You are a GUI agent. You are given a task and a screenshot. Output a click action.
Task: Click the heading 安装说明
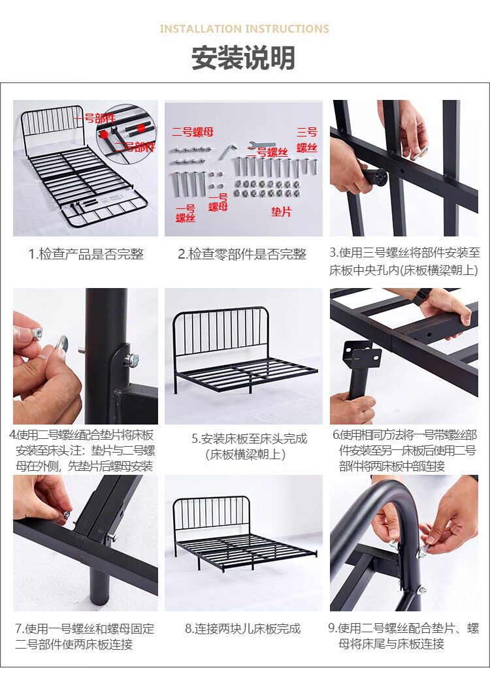pos(243,58)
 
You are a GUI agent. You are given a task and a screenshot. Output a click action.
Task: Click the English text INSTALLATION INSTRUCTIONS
pos(244,29)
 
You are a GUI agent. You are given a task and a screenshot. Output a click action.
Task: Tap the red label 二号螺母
pos(193,132)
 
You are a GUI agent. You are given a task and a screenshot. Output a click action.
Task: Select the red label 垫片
pos(282,212)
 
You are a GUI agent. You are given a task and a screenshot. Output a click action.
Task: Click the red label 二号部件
pos(135,147)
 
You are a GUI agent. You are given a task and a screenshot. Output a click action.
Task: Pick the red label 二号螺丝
pos(267,152)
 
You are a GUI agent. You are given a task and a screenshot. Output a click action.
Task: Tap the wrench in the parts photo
pos(262,146)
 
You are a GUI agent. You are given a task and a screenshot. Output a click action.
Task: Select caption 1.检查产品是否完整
pos(86,254)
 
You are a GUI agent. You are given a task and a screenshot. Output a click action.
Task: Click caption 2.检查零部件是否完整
pos(242,254)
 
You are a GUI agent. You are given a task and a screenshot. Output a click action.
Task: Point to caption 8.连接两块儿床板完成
pos(243,628)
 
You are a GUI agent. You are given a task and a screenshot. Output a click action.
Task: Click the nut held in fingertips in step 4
pos(37,332)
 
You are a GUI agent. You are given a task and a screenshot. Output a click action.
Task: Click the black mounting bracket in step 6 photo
pos(362,355)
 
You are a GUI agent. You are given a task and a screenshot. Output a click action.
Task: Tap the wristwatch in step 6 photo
pos(422,296)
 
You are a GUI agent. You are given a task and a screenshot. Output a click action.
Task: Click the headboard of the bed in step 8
pos(212,513)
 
